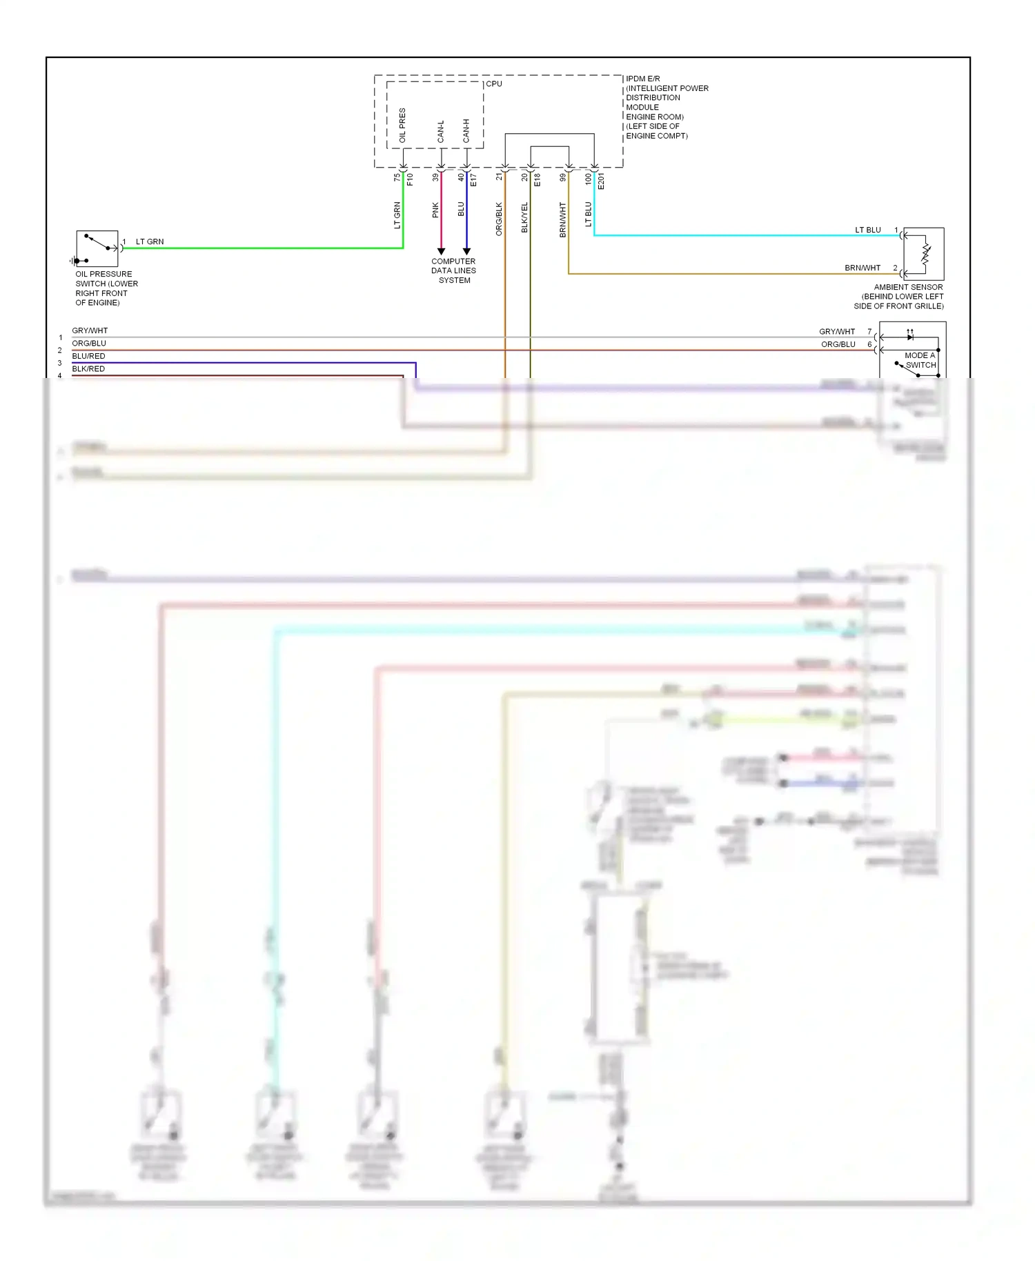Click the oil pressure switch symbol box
tap(97, 249)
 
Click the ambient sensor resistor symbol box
tap(924, 253)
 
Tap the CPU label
tap(494, 84)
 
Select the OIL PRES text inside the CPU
tap(403, 126)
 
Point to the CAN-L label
tap(441, 132)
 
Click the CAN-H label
tap(466, 131)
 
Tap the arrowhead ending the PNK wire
tap(441, 251)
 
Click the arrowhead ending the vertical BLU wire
tap(466, 251)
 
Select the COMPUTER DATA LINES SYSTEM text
tap(453, 270)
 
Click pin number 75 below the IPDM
tap(397, 177)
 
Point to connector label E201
tap(601, 181)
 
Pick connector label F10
tap(410, 179)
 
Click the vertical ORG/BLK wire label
tap(499, 219)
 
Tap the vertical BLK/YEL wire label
tap(524, 217)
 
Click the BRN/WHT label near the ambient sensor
tap(862, 268)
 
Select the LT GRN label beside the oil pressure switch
tap(150, 241)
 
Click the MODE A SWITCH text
tap(920, 360)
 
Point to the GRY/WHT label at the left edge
tap(90, 330)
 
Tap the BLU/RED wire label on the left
tap(88, 356)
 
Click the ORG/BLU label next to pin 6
tap(838, 344)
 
